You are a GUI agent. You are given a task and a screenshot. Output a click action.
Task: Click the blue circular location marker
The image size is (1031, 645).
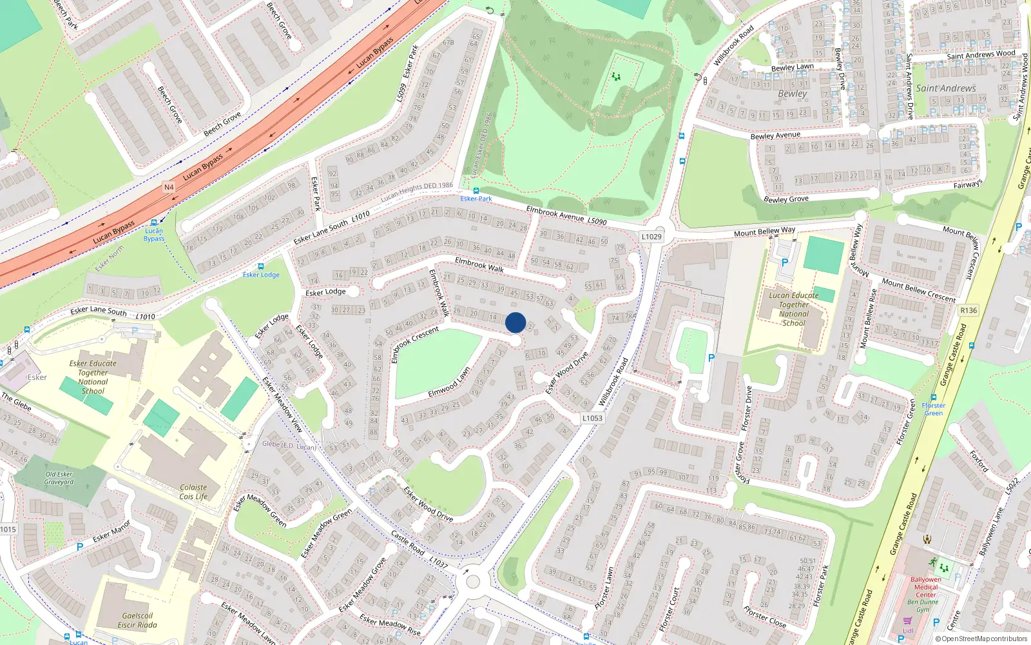(515, 322)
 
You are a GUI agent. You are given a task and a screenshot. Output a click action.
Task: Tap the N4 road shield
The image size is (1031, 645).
(169, 187)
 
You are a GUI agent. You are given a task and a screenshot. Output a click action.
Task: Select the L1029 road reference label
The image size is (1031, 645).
(651, 237)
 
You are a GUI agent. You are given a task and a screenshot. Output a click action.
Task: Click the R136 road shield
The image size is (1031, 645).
(968, 310)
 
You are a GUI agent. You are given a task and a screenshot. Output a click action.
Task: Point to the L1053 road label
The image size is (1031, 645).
(592, 418)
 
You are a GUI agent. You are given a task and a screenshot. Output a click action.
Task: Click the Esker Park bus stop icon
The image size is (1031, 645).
(476, 191)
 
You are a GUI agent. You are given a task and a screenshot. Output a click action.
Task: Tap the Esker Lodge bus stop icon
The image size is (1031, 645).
(260, 266)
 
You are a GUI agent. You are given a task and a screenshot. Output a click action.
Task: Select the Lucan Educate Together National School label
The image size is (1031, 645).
(793, 309)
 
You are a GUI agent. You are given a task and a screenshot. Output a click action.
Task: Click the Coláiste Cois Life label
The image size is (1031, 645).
(193, 492)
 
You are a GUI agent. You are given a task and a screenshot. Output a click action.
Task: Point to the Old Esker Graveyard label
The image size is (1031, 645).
(59, 478)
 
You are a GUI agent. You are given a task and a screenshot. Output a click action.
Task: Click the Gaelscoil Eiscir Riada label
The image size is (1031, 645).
(137, 620)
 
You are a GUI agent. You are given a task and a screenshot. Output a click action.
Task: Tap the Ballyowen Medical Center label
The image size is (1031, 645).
(926, 587)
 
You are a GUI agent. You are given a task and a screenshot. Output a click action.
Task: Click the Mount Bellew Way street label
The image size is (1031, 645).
(764, 232)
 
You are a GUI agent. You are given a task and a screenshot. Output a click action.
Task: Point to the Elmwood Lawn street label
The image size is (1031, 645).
(449, 383)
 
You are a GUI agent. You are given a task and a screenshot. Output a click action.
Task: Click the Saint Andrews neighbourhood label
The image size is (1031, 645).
(946, 88)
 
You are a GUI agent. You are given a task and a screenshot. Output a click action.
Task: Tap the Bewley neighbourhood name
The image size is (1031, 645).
(792, 94)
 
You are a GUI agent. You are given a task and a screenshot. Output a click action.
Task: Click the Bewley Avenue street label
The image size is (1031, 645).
(775, 135)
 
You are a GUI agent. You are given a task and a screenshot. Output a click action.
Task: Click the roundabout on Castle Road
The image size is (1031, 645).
(472, 582)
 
